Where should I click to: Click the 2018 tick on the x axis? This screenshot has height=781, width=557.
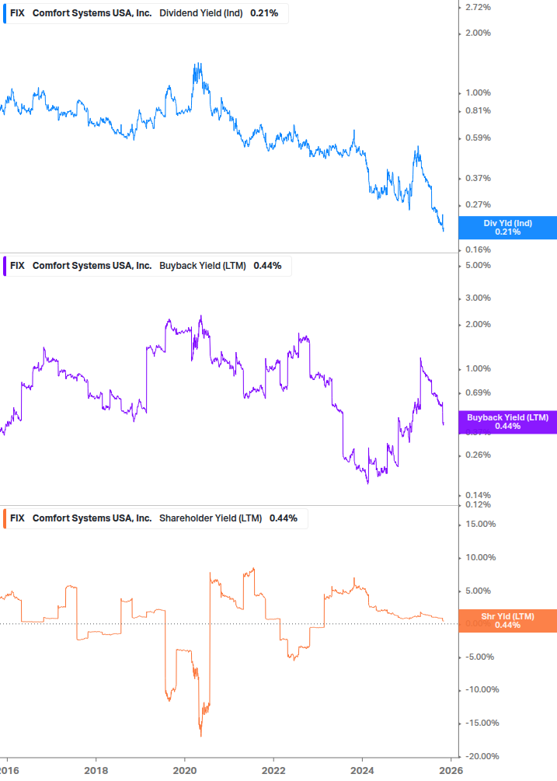pos(96,769)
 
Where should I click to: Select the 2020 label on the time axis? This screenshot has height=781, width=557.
pos(185,769)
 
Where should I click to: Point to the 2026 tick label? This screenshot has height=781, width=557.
pos(451,769)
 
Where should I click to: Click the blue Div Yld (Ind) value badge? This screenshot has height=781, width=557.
pos(507,228)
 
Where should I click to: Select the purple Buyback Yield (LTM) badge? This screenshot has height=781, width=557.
pos(507,421)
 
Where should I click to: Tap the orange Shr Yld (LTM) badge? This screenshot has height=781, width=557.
pos(507,620)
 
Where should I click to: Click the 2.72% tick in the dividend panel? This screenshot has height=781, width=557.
pos(477,7)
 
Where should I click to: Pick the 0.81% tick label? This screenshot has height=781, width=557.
pos(477,110)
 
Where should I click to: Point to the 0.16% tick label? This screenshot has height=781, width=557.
pos(477,249)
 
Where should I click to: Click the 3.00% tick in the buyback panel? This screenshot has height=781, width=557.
pos(477,298)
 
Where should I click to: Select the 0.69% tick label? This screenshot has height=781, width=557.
pos(477,392)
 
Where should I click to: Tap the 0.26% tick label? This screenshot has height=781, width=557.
pos(477,455)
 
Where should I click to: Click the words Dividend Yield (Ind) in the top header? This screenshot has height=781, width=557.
pos(201,14)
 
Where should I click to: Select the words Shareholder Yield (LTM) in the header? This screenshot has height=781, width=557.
pos(211,518)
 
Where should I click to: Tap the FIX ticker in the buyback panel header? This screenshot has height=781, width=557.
pos(17,266)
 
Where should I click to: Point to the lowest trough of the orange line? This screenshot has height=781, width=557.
pos(200,735)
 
